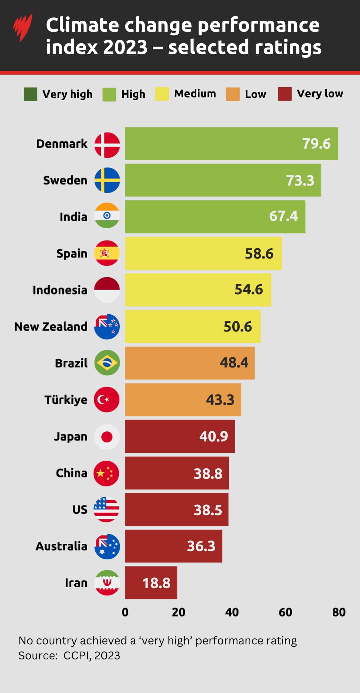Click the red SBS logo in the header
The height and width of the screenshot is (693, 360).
tap(23, 27)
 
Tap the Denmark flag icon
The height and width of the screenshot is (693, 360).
tap(107, 145)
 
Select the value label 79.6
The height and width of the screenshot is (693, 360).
tap(316, 144)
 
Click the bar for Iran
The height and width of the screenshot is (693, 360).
tap(151, 582)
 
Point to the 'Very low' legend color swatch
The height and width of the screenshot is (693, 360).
tap(285, 94)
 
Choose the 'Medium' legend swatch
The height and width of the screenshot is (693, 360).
tap(162, 94)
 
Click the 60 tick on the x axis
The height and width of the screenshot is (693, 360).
tap(285, 612)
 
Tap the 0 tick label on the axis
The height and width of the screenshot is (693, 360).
tap(125, 612)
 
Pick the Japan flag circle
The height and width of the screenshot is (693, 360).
tap(107, 436)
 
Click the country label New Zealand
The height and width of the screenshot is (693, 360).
tap(51, 327)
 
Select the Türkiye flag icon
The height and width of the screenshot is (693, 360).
tap(107, 399)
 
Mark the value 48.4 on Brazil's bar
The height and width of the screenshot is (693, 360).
tap(234, 362)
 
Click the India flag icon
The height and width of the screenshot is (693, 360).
tap(107, 216)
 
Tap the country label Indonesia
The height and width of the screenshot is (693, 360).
tap(60, 290)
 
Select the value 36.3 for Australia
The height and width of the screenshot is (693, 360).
tap(201, 546)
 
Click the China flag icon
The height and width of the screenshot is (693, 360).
tap(107, 473)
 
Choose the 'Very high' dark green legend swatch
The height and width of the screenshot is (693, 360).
tap(30, 94)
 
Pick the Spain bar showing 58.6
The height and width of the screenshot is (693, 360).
tap(203, 253)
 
